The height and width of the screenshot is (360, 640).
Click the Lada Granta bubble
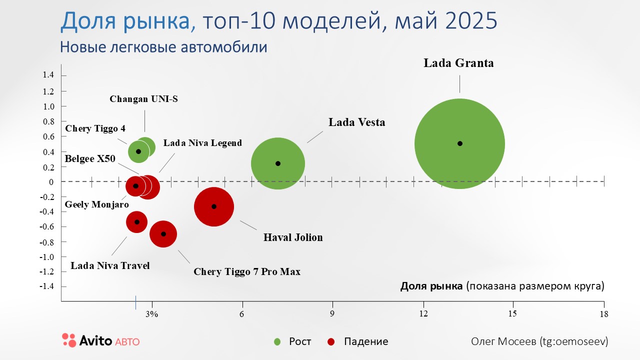(459, 143)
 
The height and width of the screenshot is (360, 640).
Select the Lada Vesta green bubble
(278, 163)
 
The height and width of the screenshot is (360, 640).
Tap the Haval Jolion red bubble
(214, 206)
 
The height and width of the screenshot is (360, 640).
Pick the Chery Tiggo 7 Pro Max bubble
(163, 234)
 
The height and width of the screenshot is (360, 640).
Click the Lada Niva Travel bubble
(136, 222)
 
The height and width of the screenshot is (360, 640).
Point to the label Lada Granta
(458, 63)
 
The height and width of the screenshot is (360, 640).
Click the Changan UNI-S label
(143, 99)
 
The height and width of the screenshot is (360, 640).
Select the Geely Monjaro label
(97, 204)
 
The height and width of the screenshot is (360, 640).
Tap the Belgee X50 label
(90, 159)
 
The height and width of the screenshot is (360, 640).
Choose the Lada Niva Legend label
(202, 143)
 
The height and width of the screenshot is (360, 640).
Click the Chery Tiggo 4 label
(95, 128)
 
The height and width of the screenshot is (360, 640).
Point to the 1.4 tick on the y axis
(48, 75)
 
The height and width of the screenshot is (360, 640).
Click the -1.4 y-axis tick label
(47, 286)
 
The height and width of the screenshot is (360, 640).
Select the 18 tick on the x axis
(603, 314)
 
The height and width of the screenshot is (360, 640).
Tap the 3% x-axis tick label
(152, 314)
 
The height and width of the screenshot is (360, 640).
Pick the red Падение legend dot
(331, 342)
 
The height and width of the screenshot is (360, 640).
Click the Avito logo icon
(69, 340)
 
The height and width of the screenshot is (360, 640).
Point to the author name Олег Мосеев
(502, 341)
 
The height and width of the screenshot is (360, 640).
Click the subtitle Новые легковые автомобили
(163, 47)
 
